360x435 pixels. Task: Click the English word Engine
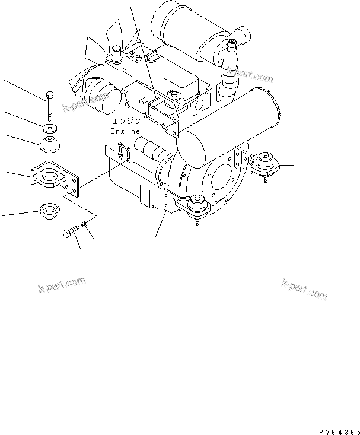(125, 131)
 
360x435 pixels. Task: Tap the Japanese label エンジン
(126, 121)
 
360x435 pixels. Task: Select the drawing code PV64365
(339, 432)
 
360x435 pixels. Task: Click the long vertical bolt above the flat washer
(50, 106)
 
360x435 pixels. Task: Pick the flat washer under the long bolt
(50, 128)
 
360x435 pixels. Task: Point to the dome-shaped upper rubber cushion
(50, 144)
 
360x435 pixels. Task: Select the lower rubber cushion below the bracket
(50, 211)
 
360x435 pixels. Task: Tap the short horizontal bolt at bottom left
(71, 231)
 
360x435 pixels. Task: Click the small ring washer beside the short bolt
(84, 223)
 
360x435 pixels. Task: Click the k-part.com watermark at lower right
(304, 290)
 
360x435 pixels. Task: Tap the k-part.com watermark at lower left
(62, 285)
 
